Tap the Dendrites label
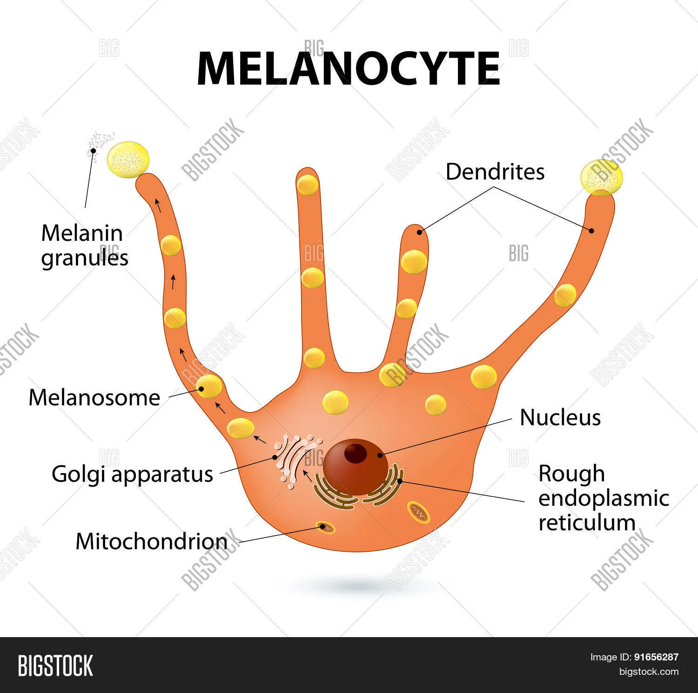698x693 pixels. [495, 172]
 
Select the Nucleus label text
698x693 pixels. [560, 417]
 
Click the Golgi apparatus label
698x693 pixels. [132, 474]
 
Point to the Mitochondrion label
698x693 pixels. [152, 541]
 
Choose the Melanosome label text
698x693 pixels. [94, 398]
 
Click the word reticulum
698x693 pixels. [587, 523]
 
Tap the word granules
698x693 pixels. [85, 258]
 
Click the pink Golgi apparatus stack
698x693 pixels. [295, 461]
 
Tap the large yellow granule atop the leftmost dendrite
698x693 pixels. [128, 160]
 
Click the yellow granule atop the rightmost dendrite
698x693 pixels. [601, 177]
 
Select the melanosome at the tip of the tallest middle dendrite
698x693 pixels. [308, 184]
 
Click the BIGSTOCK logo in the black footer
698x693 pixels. [55, 666]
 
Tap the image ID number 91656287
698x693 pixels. [656, 657]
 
